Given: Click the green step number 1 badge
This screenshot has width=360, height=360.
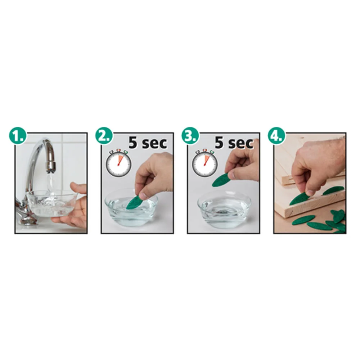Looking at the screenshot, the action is pos(18,136).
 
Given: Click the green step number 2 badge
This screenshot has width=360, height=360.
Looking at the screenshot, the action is pos(104,136).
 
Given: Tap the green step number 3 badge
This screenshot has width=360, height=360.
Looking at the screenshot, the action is pos(190,136).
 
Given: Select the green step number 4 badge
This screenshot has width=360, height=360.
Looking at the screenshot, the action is pos(276,136).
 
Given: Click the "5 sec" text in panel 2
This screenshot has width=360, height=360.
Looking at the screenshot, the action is pos(147,143).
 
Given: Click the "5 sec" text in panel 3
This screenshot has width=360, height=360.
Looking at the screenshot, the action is pos(234,143).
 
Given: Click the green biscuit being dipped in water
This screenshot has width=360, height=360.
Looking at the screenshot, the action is pos(135,202).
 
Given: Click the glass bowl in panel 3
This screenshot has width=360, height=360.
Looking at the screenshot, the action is pos(224,210).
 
